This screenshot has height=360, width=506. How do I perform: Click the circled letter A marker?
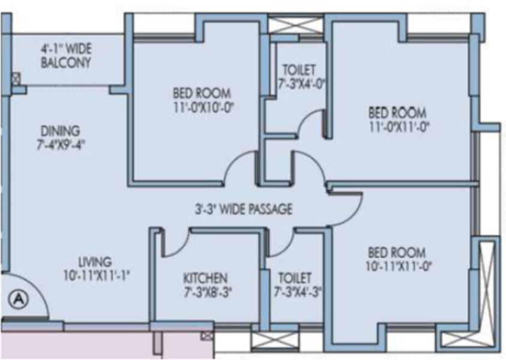point(19,299)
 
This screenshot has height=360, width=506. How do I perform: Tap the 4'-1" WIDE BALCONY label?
point(66,55)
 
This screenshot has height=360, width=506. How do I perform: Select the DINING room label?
point(61,131)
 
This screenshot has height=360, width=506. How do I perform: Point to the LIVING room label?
point(95,261)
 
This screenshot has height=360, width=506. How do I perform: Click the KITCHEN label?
point(205,278)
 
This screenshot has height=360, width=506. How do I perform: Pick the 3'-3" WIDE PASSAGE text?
point(244,209)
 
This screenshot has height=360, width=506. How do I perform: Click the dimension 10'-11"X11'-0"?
point(399,266)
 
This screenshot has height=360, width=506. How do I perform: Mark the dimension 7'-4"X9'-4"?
point(61,145)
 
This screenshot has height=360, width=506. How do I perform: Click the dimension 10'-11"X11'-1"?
point(97,276)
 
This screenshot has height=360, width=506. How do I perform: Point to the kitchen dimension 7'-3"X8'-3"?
point(208,293)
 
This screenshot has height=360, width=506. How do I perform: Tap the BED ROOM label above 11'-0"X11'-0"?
point(397,113)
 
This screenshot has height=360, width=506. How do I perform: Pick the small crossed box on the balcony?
point(16,79)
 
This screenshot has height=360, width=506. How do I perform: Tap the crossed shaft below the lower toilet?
point(275,341)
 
